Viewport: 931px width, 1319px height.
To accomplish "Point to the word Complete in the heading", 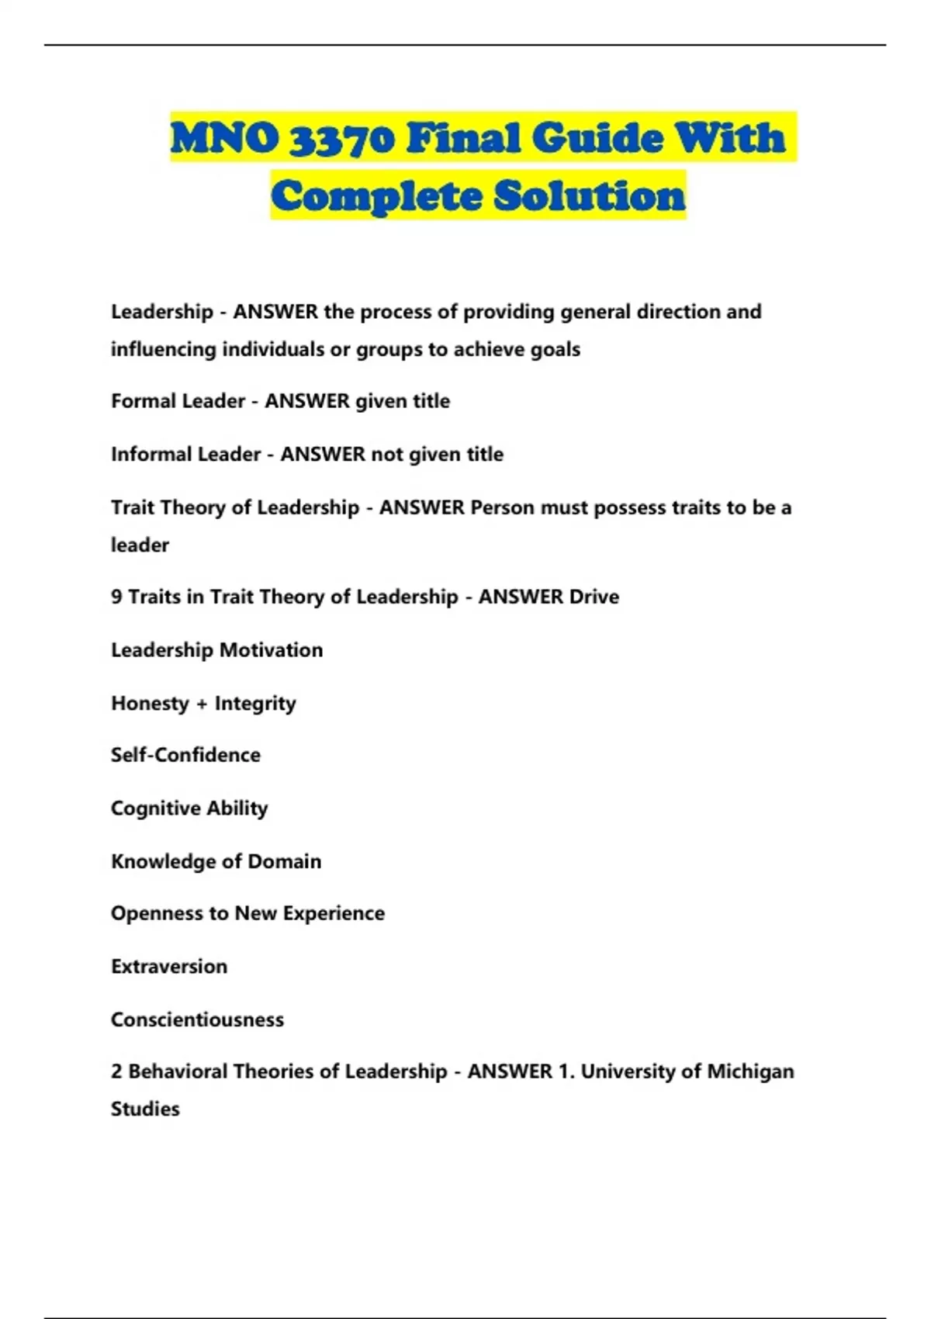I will click(377, 196).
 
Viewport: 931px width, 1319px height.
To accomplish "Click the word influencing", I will click(164, 349).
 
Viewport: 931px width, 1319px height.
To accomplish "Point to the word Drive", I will click(594, 597).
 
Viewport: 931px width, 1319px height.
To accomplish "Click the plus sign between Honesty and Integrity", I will click(202, 704).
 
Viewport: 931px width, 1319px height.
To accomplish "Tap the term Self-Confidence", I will click(185, 755).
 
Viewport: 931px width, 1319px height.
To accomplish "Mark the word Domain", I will click(284, 861).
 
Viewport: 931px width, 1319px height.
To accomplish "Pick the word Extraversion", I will click(169, 967).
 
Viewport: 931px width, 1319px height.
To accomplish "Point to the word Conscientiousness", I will click(197, 1020).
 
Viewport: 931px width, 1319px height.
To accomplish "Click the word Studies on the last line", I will click(145, 1109).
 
